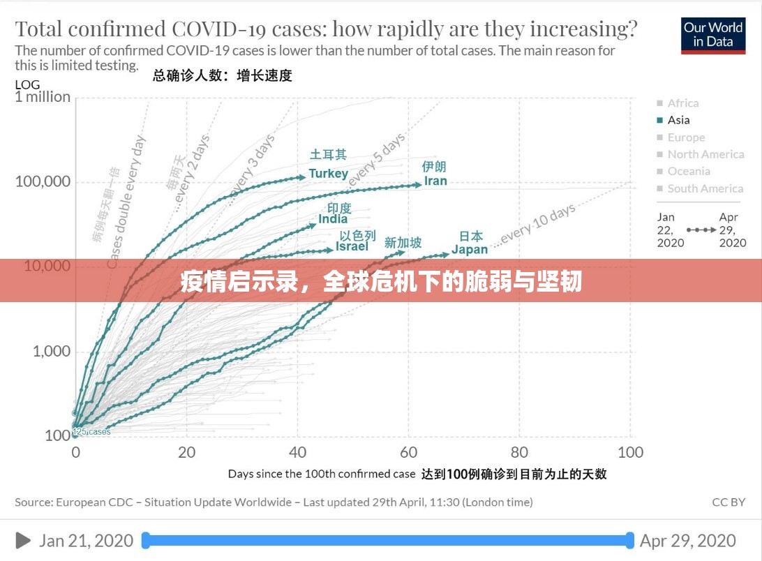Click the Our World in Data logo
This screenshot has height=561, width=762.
(x=712, y=35)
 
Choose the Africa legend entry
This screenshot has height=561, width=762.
(x=682, y=103)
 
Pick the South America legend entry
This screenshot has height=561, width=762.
(x=705, y=188)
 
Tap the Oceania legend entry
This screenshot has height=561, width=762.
(x=689, y=171)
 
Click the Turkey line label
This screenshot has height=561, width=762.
(x=328, y=174)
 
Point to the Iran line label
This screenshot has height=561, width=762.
(x=435, y=181)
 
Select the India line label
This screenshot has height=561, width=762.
(x=333, y=219)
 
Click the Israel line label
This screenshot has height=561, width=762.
(x=352, y=246)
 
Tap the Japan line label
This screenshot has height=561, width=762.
(x=469, y=250)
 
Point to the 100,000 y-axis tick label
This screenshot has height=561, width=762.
(x=43, y=182)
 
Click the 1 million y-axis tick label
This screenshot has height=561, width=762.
(x=43, y=97)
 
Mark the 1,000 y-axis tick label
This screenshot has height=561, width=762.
(x=52, y=351)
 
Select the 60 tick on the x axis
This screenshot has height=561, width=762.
(x=408, y=452)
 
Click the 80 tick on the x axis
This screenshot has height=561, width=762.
(x=519, y=452)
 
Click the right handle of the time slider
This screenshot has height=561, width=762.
(x=629, y=540)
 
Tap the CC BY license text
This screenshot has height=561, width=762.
(x=729, y=502)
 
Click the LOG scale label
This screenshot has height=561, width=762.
(x=27, y=85)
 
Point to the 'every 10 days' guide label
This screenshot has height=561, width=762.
(x=537, y=225)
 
